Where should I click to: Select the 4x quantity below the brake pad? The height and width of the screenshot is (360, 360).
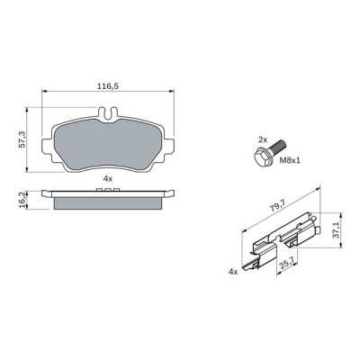[108, 179]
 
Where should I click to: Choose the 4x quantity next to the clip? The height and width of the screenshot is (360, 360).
[233, 269]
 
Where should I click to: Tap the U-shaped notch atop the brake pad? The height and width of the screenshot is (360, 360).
[109, 113]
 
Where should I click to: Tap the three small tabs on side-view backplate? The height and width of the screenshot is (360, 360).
[108, 191]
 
